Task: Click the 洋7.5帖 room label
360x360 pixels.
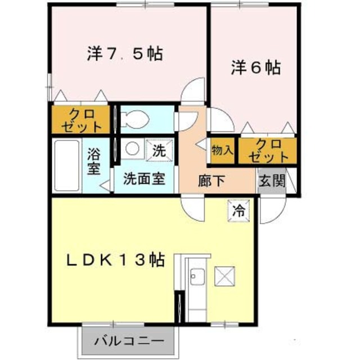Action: pyautogui.click(x=125, y=54)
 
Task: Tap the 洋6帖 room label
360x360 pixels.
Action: pyautogui.click(x=255, y=68)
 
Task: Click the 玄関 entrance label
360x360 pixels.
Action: pyautogui.click(x=272, y=181)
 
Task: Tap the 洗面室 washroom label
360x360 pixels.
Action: pyautogui.click(x=144, y=180)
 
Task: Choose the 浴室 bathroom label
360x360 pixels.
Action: pyautogui.click(x=94, y=160)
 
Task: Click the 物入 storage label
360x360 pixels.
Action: pyautogui.click(x=222, y=150)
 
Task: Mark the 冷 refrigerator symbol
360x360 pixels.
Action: pyautogui.click(x=238, y=211)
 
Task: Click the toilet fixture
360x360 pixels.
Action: pyautogui.click(x=135, y=119)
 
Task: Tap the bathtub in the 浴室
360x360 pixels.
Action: pyautogui.click(x=67, y=165)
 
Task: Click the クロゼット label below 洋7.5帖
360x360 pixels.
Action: pyautogui.click(x=82, y=119)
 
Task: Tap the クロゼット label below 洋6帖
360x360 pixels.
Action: pyautogui.click(x=267, y=150)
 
